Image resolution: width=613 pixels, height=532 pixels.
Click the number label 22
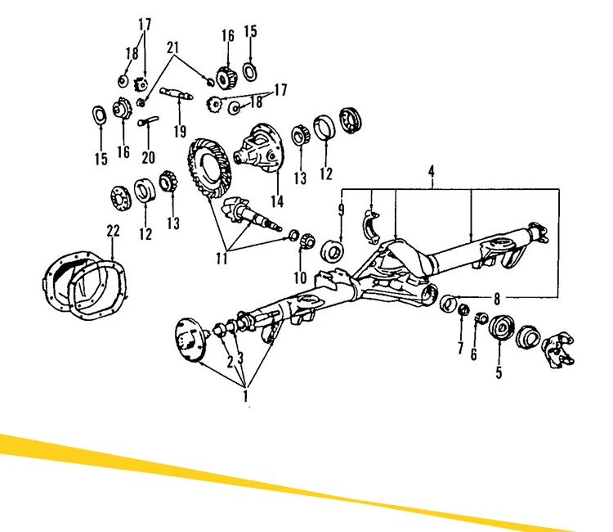pos(113,232)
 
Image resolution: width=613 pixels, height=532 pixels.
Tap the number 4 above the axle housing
pos(432,172)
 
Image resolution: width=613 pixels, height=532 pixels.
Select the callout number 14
pos(278,201)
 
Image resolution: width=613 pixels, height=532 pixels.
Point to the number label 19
pos(179,130)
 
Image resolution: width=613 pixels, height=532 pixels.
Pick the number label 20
pos(148,157)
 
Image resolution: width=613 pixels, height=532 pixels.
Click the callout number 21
pos(172,47)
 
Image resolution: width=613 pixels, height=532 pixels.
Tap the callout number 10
pos(300,278)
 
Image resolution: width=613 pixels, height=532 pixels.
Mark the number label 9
pos(342,211)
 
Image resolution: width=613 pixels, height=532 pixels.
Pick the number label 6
pos(473,354)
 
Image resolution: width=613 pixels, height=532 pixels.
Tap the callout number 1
pos(245,397)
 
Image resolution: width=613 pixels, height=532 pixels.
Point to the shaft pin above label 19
pos(176,92)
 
